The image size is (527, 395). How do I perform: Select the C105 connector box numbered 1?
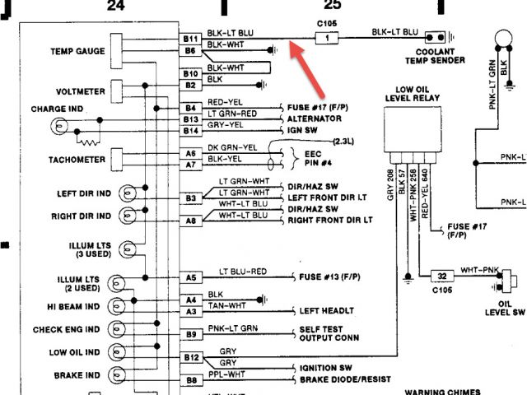(329, 38)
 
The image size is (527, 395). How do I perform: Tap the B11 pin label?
(191, 39)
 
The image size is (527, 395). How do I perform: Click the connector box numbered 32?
(442, 276)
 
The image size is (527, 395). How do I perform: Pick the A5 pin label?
(191, 278)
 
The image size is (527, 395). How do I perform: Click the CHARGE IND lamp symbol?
(58, 126)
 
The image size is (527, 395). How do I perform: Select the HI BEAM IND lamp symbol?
(128, 307)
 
